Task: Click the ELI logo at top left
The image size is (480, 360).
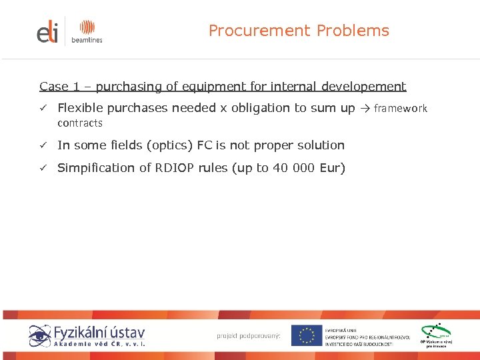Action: click(47, 31)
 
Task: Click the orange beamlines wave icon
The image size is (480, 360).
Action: click(87, 27)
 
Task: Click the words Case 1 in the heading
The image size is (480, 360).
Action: click(54, 87)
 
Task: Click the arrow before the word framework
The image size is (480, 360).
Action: click(365, 108)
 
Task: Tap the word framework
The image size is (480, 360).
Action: click(401, 108)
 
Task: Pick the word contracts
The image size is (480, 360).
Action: click(80, 123)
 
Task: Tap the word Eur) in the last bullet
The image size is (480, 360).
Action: click(332, 168)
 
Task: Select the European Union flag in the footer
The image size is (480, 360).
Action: click(307, 335)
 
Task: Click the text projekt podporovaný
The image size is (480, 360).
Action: click(249, 335)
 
